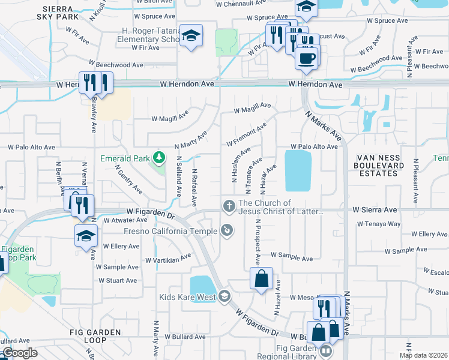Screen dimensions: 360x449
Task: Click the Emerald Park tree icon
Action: point(159,158)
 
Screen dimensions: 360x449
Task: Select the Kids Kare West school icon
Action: point(224,295)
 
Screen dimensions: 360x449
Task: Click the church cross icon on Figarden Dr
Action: point(229,206)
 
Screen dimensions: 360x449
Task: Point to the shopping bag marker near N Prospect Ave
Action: point(261,278)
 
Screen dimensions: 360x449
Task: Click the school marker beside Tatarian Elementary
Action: point(191,36)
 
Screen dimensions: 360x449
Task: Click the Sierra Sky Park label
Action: point(62,14)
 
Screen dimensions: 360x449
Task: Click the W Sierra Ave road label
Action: point(375,210)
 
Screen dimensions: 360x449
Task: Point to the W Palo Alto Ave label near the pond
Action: point(314,146)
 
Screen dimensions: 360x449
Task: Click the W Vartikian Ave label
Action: point(168,258)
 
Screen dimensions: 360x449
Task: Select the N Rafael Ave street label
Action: point(194,187)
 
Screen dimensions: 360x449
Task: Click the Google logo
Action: point(20,353)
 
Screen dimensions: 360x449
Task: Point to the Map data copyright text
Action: point(423,355)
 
